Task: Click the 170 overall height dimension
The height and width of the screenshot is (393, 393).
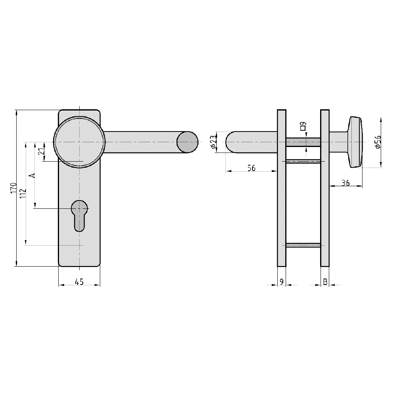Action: [x=13, y=188]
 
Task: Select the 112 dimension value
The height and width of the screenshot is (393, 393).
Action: [x=23, y=193]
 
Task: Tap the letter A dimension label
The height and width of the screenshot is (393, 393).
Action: [x=32, y=175]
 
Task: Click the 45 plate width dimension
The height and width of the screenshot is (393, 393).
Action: [x=79, y=282]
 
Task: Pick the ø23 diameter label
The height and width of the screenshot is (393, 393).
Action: [x=213, y=142]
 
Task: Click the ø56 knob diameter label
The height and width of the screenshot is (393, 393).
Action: [x=378, y=142]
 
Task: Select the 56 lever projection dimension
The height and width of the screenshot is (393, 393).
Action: [x=251, y=168]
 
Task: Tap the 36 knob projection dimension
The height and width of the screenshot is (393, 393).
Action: [x=345, y=183]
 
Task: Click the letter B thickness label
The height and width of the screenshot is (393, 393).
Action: [x=325, y=282]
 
